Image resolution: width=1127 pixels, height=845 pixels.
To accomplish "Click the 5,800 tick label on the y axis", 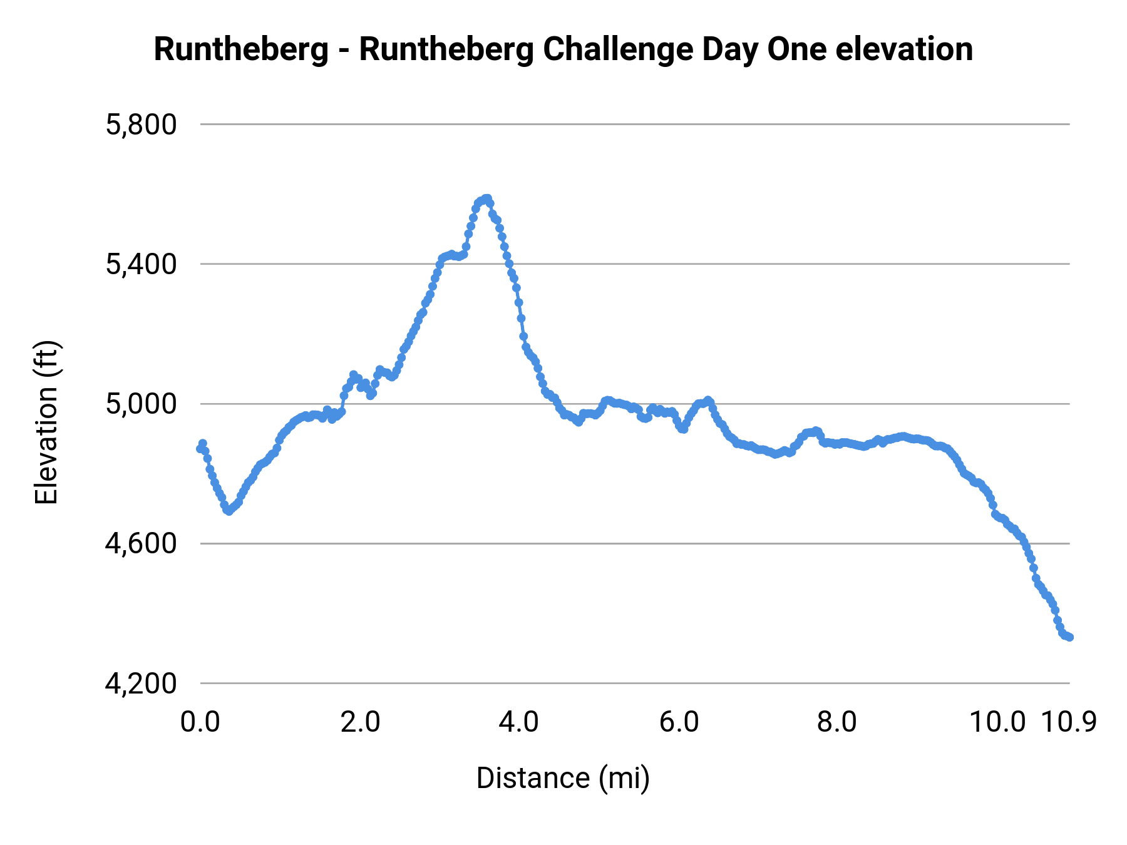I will click(x=142, y=125).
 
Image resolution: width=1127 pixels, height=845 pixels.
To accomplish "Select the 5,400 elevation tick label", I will click(x=142, y=265).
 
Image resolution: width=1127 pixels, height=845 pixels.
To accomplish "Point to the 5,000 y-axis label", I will click(x=142, y=404).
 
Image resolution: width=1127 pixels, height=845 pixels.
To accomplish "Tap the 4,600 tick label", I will click(x=142, y=544).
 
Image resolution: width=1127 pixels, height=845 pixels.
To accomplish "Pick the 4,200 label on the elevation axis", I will click(x=142, y=684).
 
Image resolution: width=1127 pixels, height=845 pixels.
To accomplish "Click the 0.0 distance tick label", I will click(x=200, y=722).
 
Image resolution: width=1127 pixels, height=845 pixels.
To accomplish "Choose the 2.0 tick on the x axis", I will click(x=360, y=722).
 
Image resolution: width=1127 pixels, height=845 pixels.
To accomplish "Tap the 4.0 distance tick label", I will click(x=519, y=722).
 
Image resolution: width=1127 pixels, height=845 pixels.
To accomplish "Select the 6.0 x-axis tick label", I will click(x=679, y=722).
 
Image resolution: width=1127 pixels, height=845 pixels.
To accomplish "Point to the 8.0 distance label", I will click(x=838, y=722).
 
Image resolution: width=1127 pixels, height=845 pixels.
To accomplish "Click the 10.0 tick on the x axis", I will click(x=997, y=722).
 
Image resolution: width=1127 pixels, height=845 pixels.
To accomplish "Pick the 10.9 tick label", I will click(x=1069, y=722).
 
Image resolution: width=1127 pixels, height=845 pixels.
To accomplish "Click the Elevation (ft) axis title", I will click(x=46, y=422).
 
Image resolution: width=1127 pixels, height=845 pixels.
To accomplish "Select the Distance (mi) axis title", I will click(x=563, y=778).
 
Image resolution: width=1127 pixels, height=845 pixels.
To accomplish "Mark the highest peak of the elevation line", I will click(x=486, y=198).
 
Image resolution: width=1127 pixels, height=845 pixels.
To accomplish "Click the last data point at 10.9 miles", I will click(x=1069, y=637).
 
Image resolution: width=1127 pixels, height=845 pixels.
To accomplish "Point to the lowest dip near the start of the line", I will click(x=229, y=511).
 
